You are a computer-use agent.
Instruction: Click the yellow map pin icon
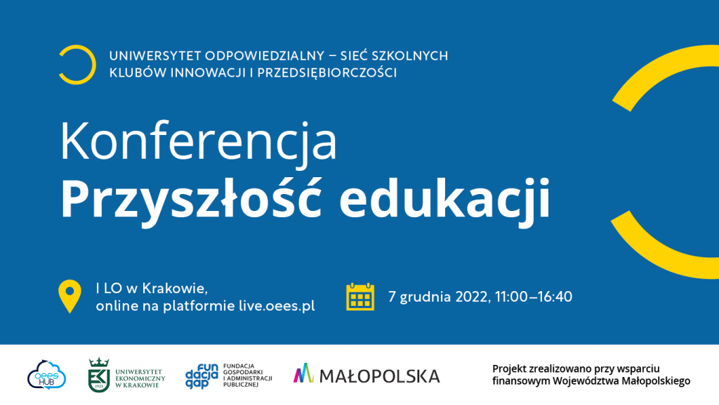click(70, 297)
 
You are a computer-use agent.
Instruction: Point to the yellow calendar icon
click(360, 297)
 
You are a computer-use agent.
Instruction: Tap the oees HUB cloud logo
click(47, 375)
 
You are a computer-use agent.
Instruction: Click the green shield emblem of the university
click(98, 375)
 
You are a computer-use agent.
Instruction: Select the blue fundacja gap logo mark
click(202, 376)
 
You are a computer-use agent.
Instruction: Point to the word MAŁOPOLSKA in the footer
click(379, 377)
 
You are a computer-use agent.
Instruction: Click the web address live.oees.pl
click(277, 306)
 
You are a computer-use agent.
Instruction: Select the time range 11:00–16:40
click(534, 297)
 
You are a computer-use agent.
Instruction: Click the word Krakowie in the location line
click(175, 288)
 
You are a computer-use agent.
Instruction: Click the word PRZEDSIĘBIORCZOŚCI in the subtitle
click(327, 72)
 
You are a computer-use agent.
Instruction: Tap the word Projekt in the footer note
click(510, 368)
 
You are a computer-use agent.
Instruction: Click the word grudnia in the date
click(426, 297)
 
